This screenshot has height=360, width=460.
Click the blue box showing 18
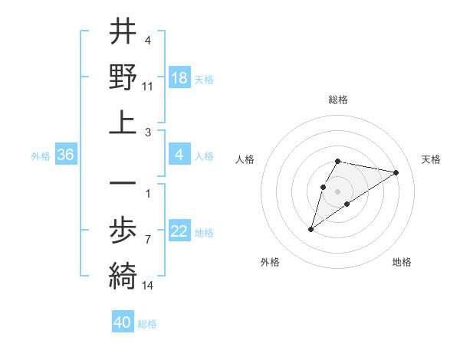179,78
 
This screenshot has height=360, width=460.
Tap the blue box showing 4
179,155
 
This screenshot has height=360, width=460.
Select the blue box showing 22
179,232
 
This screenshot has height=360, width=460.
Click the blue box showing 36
65,155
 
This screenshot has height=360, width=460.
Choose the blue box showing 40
123,322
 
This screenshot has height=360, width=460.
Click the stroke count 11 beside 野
148,87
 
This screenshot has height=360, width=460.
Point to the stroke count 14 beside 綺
148,285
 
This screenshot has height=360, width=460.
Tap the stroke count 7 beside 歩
148,240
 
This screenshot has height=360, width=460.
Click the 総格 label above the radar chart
338,100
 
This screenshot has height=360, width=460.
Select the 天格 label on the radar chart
431,159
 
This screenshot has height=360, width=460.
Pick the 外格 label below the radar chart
270,262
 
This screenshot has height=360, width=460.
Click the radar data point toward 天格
396,172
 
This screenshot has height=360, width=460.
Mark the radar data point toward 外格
310,229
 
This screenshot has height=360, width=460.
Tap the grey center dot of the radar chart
338,191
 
